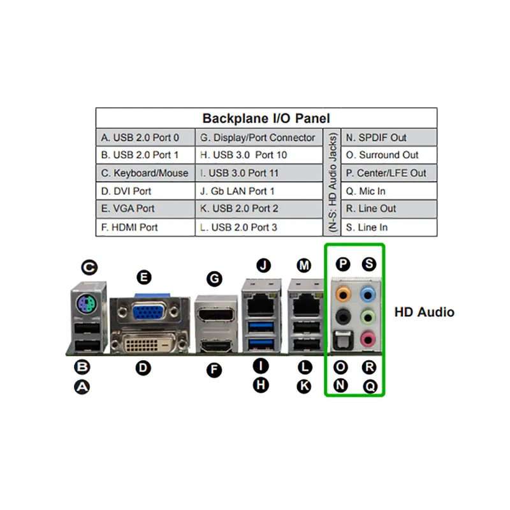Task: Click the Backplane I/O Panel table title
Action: coord(266,118)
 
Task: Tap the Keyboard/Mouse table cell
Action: coord(145,173)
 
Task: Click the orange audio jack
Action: coord(344,293)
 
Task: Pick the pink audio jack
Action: coord(367,339)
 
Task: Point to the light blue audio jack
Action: coord(367,293)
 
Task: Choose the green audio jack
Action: coord(367,316)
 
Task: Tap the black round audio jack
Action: coord(344,316)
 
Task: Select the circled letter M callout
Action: coord(304,265)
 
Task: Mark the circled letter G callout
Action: coord(215,279)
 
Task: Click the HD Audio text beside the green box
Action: coord(424,312)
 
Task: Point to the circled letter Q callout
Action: coord(370,386)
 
